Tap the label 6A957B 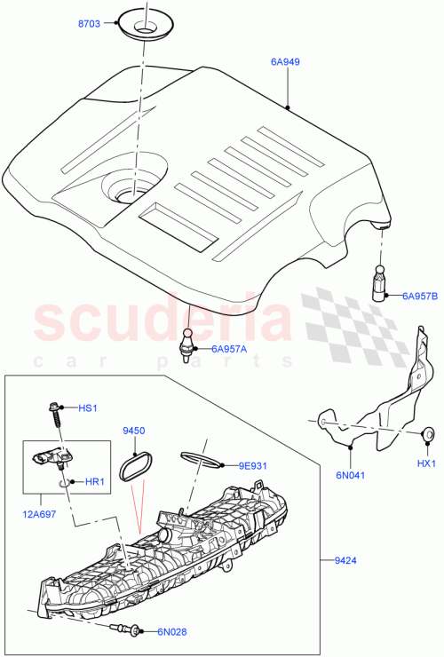point(420,296)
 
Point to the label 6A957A point(230,349)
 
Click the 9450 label point(133,430)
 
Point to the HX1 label point(427,463)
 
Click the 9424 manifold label point(347,560)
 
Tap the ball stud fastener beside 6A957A point(187,342)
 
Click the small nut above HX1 point(427,434)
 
